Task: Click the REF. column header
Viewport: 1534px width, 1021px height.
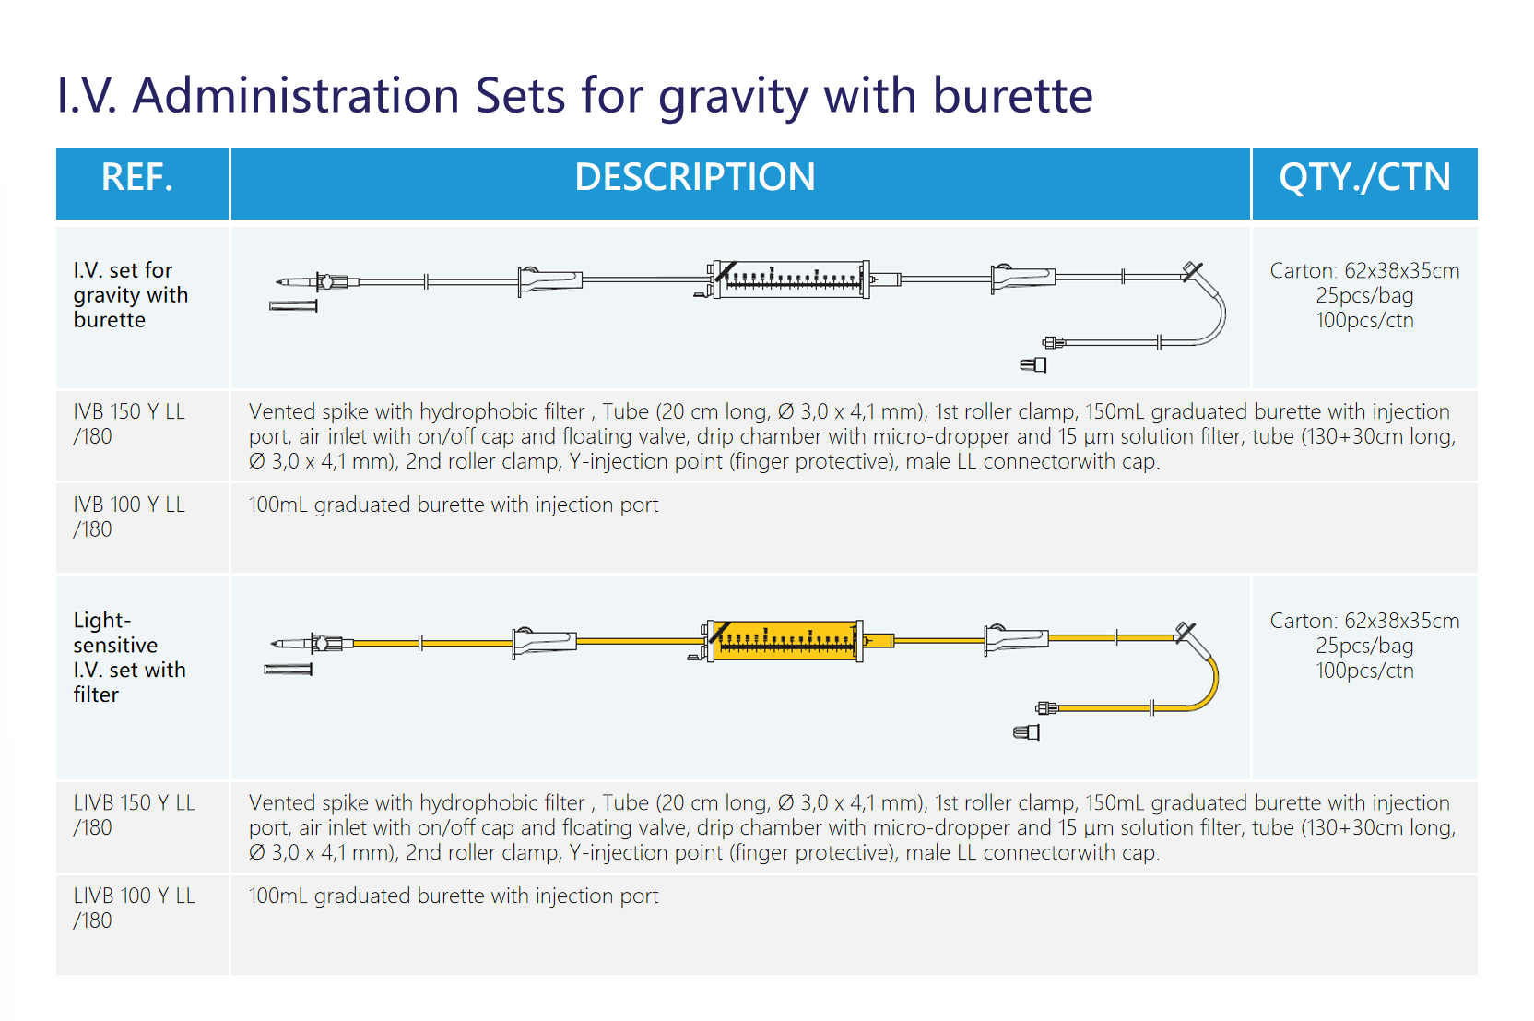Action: click(137, 177)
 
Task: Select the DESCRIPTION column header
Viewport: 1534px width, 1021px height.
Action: click(694, 177)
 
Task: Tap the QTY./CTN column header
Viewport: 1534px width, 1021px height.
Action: click(1364, 177)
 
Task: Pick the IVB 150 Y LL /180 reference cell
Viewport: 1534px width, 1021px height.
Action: click(129, 423)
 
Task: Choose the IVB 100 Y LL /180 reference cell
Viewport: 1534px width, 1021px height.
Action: click(129, 516)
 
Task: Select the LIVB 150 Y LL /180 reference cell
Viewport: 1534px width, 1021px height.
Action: click(135, 814)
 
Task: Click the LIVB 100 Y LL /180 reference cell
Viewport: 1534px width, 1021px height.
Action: click(135, 908)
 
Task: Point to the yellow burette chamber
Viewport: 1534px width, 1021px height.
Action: click(785, 641)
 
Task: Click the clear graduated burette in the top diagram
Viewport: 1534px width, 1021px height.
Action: click(791, 279)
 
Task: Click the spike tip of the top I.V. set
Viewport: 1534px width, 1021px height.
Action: click(277, 281)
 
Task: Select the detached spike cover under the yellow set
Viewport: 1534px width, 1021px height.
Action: click(289, 669)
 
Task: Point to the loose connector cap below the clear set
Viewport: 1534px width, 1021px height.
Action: click(1033, 365)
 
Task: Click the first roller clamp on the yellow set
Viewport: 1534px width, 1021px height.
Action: click(545, 642)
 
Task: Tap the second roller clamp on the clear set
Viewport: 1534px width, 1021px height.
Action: click(1023, 279)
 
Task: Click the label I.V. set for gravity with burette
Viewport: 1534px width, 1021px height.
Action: click(130, 294)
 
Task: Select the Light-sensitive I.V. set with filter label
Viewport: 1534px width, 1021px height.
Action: click(129, 657)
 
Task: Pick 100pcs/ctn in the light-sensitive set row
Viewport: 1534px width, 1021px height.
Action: click(1364, 671)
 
